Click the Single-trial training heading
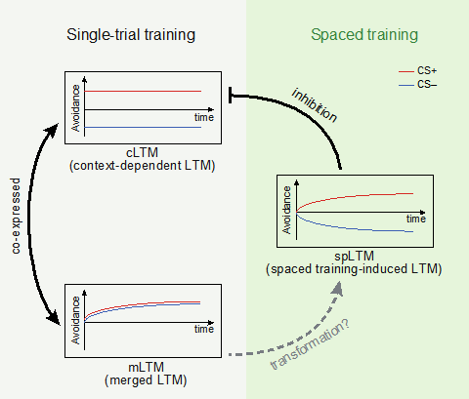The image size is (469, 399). point(131,35)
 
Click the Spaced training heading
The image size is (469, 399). point(364,35)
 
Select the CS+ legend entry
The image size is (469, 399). point(418,70)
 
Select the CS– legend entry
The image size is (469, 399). point(418,85)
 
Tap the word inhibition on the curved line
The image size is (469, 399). point(315,105)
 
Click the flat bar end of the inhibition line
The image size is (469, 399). point(231,95)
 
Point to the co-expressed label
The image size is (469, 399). point(16,216)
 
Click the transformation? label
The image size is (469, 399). point(310,344)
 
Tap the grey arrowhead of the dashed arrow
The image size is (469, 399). point(338,289)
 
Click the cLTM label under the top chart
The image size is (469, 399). point(142,152)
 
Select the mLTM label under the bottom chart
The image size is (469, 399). point(146,367)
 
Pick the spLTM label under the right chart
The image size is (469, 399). point(354,256)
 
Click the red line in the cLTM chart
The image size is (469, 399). point(143,92)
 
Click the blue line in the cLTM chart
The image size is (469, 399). point(143,127)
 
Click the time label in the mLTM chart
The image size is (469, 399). point(204,329)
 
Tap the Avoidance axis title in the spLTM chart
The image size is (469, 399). point(286,210)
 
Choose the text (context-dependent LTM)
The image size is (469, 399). point(143,166)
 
